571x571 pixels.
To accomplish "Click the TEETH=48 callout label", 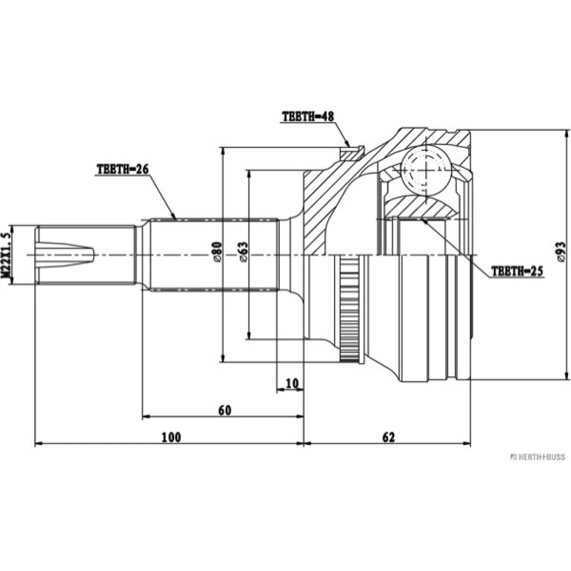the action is (308, 116).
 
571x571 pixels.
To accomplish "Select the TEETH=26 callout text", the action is (123, 170).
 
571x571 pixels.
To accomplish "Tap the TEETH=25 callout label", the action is (517, 271).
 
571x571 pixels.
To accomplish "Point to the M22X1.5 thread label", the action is (5, 255).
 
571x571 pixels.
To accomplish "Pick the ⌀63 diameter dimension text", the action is (243, 252).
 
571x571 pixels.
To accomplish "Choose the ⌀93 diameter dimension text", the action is (561, 252).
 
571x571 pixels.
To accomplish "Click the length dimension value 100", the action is (171, 437).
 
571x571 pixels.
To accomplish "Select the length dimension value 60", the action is (224, 410).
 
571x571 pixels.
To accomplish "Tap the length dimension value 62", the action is (388, 437).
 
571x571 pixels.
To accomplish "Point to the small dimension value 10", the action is (292, 383).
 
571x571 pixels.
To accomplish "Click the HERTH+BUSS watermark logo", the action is (537, 457).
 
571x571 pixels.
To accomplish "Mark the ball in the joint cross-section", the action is (426, 170).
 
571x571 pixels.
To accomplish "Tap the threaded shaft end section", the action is (86, 255).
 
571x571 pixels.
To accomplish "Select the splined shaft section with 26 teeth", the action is (215, 255).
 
